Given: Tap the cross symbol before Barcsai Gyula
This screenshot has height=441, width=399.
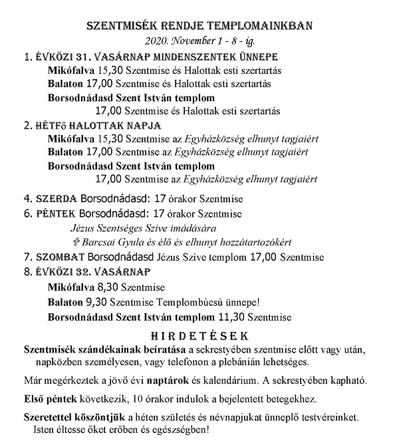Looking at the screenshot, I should coord(74,241).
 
